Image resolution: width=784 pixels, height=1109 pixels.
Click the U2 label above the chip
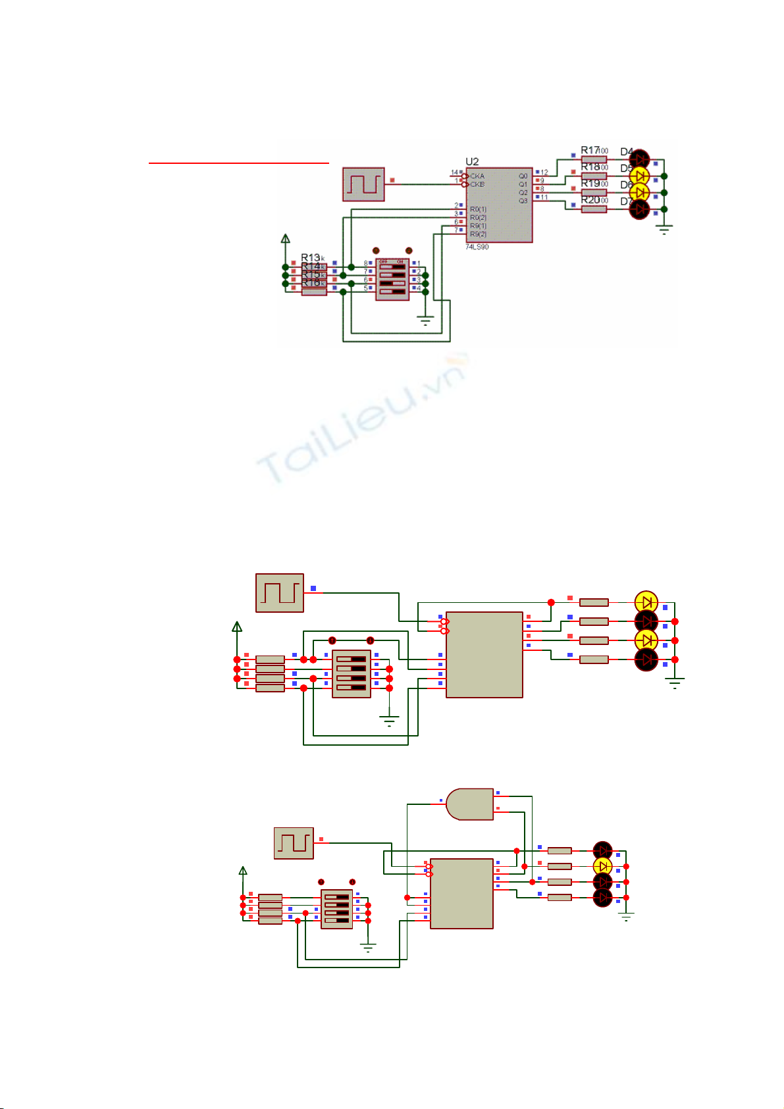(x=472, y=162)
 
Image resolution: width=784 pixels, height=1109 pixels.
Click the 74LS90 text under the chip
(x=477, y=247)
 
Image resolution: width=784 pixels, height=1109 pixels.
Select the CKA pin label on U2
(x=477, y=176)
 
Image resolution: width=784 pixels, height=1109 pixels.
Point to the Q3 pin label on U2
(x=523, y=201)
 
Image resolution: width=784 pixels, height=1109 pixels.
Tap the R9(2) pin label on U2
(x=478, y=234)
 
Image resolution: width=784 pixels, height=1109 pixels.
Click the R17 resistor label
(x=591, y=151)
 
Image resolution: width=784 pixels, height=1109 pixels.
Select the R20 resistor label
(x=590, y=200)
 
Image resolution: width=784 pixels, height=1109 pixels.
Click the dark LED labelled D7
(x=639, y=209)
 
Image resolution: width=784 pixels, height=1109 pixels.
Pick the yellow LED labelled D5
(x=639, y=176)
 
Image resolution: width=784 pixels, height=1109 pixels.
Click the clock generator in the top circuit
(x=363, y=184)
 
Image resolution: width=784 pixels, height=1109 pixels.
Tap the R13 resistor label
(x=311, y=257)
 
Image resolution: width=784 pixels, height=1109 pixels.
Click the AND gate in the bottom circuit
(x=469, y=804)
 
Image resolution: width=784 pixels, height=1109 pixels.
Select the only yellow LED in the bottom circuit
(x=602, y=866)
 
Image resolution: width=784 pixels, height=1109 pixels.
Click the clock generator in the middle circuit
(x=280, y=593)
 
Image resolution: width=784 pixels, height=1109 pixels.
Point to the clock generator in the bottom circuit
(x=294, y=843)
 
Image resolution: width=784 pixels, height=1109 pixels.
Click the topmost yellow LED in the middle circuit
(x=646, y=602)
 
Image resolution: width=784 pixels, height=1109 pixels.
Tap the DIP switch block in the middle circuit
(x=352, y=673)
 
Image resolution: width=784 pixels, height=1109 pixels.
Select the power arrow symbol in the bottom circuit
(x=243, y=872)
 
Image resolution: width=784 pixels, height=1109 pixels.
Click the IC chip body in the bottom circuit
(x=461, y=893)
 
